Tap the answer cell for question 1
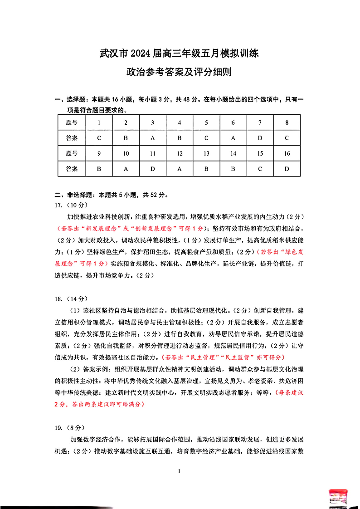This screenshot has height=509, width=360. (99, 138)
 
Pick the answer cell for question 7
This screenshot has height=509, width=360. (260, 138)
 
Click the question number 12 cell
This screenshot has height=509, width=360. (180, 153)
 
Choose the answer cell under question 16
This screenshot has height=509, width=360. (287, 169)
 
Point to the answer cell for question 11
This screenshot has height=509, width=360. (153, 169)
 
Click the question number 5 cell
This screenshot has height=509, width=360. (206, 122)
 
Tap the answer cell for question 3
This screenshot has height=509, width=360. (153, 138)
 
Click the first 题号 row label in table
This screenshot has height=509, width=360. (72, 122)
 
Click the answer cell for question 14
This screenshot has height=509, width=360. (233, 169)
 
